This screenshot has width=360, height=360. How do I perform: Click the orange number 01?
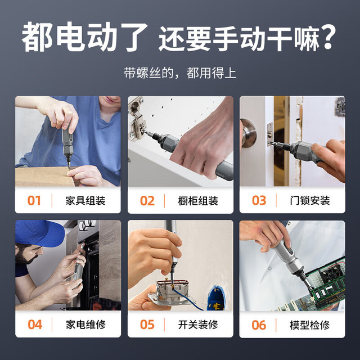point(34,200)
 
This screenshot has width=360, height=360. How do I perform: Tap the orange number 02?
point(147,201)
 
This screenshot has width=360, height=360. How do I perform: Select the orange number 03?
point(259,200)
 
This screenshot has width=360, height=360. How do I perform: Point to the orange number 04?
point(35,325)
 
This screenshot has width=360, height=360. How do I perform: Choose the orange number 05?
point(147,325)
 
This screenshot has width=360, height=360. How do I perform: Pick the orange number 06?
point(259,325)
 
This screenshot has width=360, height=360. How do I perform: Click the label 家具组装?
point(85,201)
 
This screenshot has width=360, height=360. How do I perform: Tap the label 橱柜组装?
point(198,201)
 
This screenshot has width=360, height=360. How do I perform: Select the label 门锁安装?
point(310,201)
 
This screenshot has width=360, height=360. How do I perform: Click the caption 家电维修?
point(85,325)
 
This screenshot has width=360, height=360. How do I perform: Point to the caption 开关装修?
point(198,325)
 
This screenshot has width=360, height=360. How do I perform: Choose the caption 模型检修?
point(309,325)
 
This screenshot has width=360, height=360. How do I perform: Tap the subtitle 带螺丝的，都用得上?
point(180,73)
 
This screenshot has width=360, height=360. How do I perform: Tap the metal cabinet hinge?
point(137,120)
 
